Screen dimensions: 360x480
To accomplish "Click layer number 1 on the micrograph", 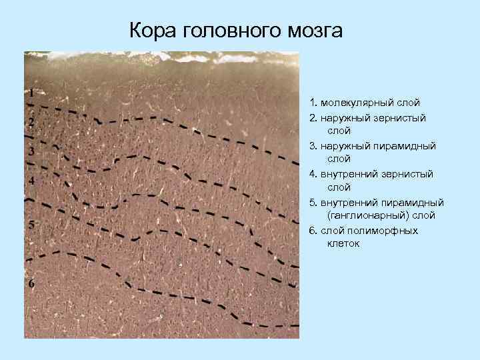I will (x=31, y=93).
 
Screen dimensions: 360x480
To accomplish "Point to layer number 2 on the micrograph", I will (x=31, y=122).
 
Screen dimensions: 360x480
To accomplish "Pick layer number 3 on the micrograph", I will (x=31, y=151).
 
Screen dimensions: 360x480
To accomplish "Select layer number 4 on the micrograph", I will (x=31, y=181).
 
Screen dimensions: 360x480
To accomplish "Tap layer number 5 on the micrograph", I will (x=31, y=225).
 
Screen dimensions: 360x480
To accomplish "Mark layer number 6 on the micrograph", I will (x=31, y=283).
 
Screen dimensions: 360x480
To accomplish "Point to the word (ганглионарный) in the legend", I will (x=369, y=215).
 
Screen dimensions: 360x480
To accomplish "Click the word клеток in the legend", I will (x=343, y=243).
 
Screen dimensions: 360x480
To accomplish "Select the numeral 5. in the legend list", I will (x=313, y=202).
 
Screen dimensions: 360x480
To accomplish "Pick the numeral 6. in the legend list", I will (x=313, y=230).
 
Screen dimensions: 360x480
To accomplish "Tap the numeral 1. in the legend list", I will (x=313, y=103).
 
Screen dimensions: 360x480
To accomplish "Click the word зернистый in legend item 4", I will (x=411, y=173).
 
